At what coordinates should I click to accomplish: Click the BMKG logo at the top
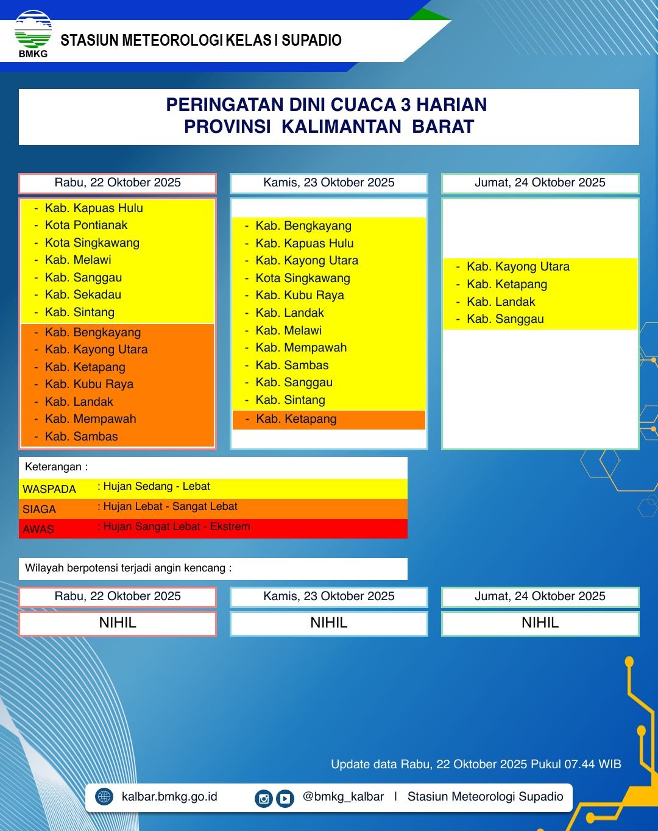tap(33, 33)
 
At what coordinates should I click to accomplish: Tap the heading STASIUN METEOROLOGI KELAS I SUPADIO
tap(201, 41)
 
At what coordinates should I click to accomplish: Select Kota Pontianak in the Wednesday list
tap(86, 225)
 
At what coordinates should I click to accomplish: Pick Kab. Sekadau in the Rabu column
tap(83, 295)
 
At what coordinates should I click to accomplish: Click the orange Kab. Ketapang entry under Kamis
tap(296, 419)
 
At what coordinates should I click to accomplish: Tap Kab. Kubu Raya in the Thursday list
tap(300, 295)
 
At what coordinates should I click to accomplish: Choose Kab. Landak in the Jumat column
tap(501, 302)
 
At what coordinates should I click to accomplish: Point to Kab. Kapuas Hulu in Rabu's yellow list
tap(94, 208)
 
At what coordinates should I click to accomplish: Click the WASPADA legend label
tap(49, 489)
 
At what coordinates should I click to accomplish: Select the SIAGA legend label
tap(39, 509)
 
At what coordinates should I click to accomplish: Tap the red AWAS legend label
tap(38, 529)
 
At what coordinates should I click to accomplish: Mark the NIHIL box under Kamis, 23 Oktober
tap(329, 623)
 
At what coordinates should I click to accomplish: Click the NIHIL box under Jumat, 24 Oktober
tap(540, 623)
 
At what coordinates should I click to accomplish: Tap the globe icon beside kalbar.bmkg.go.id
tap(105, 797)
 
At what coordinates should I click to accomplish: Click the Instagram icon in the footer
tap(263, 798)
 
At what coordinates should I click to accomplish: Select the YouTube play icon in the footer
tap(285, 798)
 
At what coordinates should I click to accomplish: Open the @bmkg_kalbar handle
tap(343, 797)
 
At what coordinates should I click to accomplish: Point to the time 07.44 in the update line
tap(579, 765)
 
